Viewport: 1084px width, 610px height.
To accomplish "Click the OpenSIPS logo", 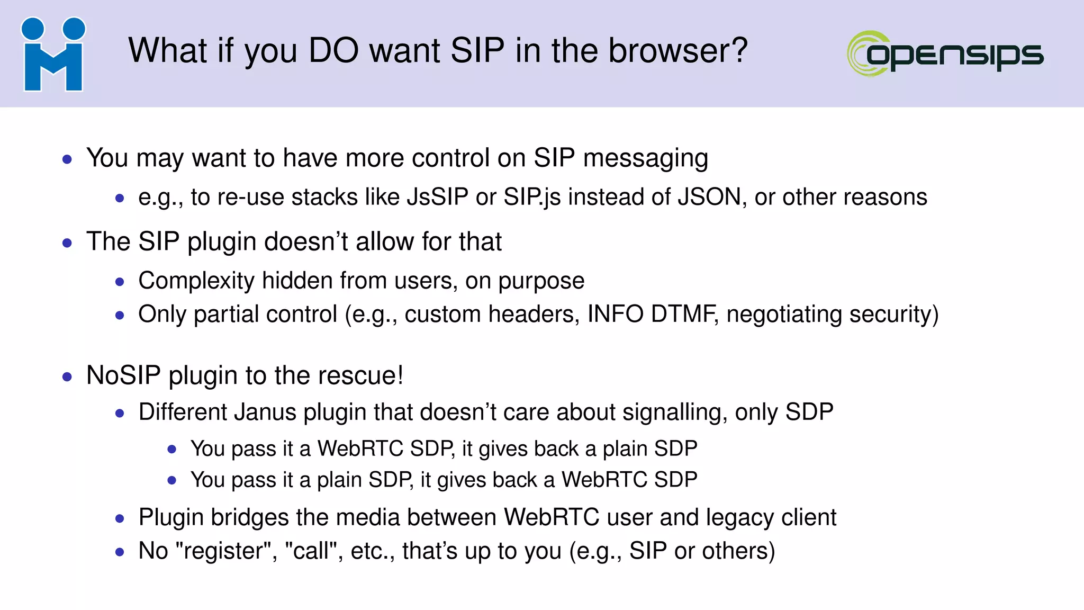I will click(945, 53).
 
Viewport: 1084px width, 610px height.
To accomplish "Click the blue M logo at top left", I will click(53, 55).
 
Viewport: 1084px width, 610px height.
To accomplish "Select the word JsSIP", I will click(437, 198).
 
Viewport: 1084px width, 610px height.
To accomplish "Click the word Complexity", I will click(196, 281).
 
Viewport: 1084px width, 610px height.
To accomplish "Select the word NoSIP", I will click(123, 375).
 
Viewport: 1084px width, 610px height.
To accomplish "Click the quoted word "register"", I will click(227, 551).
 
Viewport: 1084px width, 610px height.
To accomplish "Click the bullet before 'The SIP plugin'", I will click(67, 243).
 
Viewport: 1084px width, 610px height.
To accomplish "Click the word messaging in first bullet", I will click(645, 158).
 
